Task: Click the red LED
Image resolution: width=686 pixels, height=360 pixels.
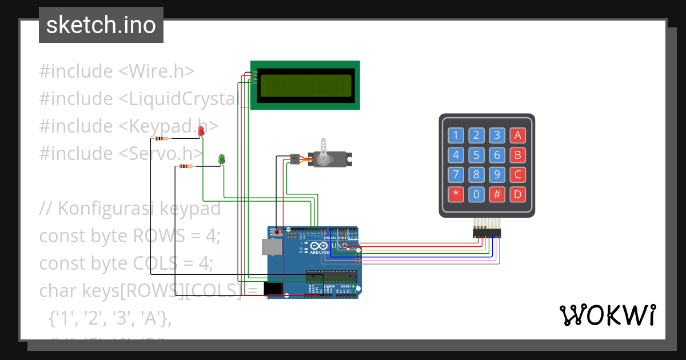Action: coord(201,131)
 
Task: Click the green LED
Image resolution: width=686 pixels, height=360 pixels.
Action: coord(222,158)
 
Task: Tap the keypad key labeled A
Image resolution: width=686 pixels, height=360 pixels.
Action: coord(517,135)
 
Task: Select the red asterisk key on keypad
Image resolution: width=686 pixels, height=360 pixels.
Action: coord(456,194)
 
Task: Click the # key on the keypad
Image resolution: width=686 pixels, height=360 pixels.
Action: coord(497,194)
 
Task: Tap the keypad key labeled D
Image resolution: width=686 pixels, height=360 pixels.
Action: coord(517,194)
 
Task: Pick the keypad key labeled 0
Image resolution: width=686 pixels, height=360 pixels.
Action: coord(476,194)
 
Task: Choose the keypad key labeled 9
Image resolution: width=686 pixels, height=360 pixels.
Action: coord(497,174)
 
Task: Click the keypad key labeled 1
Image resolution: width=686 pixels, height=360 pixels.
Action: coord(456,135)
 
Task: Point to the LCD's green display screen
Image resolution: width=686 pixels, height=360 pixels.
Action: coord(306,86)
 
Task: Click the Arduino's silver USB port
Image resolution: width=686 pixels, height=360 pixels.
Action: coord(272,246)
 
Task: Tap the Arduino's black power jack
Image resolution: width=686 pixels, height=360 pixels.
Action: coord(274,289)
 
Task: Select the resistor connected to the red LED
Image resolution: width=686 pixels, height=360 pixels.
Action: coord(162,138)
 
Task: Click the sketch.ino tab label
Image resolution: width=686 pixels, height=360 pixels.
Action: coord(101,25)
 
